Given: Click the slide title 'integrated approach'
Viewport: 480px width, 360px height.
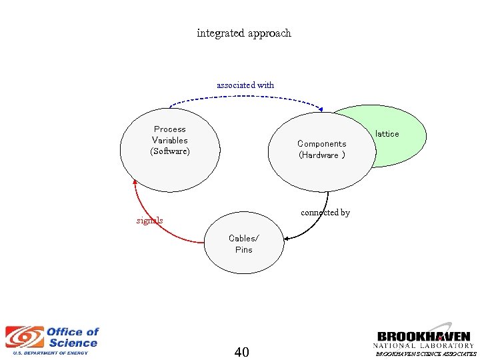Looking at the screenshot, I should coord(244,33).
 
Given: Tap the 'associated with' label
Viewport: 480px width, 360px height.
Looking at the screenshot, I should coord(245,85).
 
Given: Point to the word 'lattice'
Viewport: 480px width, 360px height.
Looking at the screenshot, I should coord(387,134).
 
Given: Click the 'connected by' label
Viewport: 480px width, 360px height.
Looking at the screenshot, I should coord(325,213).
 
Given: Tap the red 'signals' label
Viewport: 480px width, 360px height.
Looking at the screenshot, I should coord(149,221).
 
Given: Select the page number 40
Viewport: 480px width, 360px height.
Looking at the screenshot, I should coord(242,352).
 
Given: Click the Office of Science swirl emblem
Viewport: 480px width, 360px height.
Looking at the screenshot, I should coord(24,337).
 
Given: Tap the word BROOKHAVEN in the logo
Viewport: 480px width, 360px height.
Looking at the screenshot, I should coord(423,337).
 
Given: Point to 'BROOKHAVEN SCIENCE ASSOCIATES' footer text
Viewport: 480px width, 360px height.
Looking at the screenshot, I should coord(426,355).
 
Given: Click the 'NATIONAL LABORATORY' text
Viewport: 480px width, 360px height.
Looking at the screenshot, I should coord(423,346).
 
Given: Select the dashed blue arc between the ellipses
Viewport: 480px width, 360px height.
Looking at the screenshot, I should coord(245,96).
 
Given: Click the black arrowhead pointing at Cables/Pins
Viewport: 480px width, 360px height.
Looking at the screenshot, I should coord(286,238).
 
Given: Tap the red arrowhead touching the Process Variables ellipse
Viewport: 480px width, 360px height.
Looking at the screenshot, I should coord(135,181).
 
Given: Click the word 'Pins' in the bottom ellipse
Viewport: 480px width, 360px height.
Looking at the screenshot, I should coord(244,250).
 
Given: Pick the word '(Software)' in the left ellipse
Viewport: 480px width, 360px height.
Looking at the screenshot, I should coord(170,151).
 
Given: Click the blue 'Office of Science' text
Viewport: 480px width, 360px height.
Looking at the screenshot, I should coord(72,337).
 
